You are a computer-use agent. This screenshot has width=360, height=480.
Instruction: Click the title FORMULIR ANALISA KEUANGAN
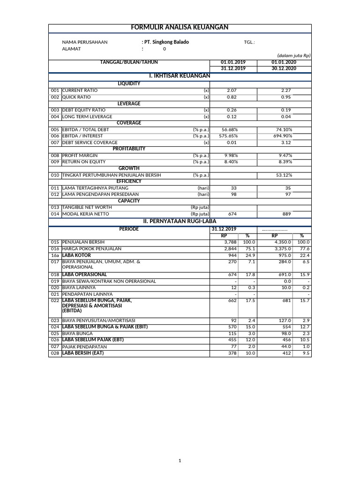(x=180, y=28)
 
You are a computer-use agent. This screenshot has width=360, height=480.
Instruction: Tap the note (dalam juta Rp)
(x=293, y=55)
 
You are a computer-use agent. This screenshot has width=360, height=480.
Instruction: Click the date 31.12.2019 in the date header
(x=233, y=68)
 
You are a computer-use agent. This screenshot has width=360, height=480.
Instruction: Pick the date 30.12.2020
(x=284, y=68)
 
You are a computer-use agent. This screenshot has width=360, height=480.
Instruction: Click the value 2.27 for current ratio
(x=286, y=90)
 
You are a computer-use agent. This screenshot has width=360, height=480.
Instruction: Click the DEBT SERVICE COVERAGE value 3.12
(x=286, y=142)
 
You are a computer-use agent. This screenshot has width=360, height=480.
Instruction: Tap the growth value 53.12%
(x=283, y=175)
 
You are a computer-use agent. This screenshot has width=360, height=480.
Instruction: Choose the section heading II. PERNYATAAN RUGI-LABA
(x=180, y=221)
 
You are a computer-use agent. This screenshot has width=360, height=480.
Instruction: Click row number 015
(x=55, y=242)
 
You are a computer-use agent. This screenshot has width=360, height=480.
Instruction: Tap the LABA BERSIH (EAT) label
(x=82, y=353)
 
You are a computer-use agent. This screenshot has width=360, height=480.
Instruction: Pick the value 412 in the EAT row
(x=286, y=353)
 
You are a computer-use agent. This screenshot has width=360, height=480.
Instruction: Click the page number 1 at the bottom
(x=180, y=461)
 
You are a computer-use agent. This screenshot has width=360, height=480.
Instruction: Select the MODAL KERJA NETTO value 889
(x=286, y=214)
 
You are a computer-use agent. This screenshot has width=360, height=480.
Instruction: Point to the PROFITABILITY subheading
(x=129, y=149)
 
